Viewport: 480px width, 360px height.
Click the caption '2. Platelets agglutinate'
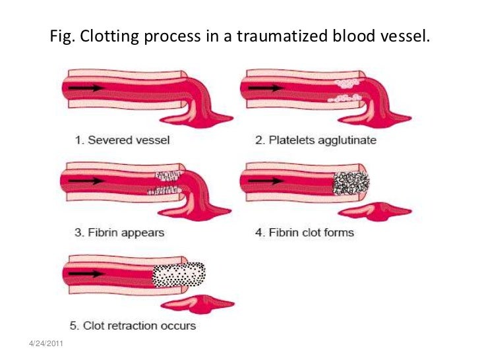pyautogui.click(x=315, y=140)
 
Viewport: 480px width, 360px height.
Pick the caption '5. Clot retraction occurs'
pyautogui.click(x=133, y=325)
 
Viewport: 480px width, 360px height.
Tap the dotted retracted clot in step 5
pyautogui.click(x=179, y=274)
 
